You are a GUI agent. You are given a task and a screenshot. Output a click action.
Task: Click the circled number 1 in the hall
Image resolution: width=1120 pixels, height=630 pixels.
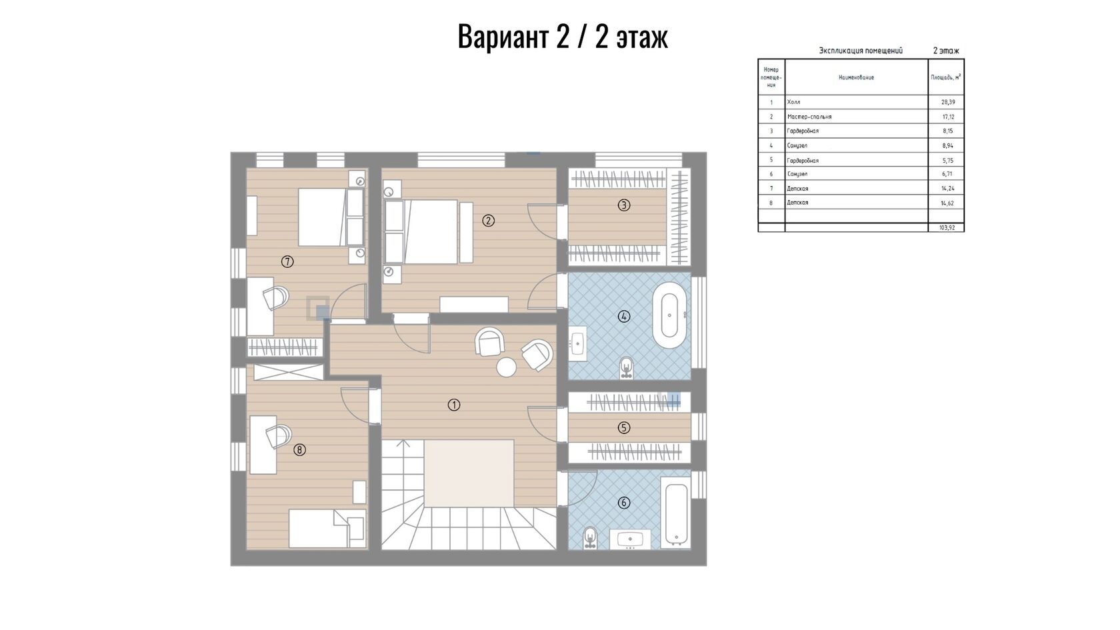coord(453,405)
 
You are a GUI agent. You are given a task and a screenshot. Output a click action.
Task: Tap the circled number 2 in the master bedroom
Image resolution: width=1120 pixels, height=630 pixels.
coord(488,221)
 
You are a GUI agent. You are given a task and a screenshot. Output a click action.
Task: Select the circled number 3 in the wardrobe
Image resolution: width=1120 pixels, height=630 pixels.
coord(623,205)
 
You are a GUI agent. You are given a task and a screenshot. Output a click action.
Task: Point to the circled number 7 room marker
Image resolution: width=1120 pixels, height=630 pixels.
coord(287,261)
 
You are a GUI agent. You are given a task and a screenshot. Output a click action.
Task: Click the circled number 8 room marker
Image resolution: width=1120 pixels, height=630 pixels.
coord(299,450)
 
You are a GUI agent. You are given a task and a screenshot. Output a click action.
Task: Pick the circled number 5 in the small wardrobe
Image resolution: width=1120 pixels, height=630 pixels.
coord(623,428)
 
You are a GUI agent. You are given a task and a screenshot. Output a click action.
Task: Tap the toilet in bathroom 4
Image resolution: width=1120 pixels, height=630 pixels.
coord(626,367)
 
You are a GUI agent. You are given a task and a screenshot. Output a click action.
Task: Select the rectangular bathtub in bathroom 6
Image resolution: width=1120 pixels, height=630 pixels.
coord(675,513)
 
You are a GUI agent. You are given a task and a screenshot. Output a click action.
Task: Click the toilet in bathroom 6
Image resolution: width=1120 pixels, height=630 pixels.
coord(590,538)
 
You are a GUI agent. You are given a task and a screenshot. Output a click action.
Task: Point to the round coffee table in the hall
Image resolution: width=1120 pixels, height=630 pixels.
coord(506,367)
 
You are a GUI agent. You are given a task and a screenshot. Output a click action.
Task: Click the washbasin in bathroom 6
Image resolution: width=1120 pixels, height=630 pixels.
coord(630,539)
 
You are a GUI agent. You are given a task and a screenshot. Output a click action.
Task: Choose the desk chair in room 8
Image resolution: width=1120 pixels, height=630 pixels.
coord(278,437)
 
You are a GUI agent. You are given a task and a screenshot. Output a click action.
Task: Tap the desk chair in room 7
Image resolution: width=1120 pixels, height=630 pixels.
coord(275,298)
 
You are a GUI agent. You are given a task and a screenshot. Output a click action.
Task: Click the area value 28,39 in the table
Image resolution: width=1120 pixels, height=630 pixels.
coord(948,102)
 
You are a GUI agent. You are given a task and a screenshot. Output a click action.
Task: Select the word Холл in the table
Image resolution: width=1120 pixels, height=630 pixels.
coord(793,102)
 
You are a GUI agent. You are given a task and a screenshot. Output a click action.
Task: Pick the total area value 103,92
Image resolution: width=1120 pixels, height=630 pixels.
coord(947,227)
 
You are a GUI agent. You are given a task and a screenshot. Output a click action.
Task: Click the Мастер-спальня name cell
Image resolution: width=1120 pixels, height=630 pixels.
coord(809,117)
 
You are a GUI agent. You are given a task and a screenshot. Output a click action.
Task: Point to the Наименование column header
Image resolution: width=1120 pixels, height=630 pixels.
coord(856,77)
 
